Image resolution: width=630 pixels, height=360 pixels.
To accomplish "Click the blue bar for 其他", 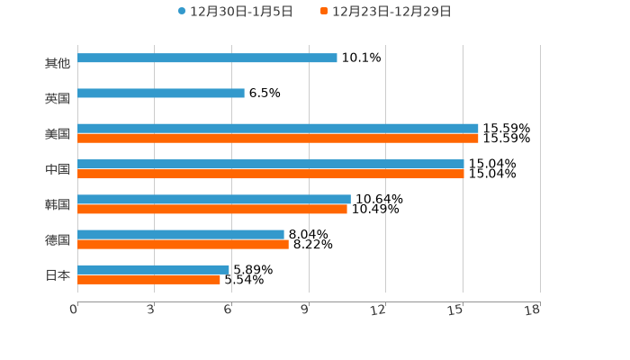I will coord(207,58).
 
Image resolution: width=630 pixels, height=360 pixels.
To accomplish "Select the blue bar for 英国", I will coord(161,93).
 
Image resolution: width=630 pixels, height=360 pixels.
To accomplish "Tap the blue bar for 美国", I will coord(277,129).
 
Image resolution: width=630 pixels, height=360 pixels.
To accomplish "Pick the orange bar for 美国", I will coord(277,139).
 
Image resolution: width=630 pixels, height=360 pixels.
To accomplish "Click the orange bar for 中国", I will coord(270,174).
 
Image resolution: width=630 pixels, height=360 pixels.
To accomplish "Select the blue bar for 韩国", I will coord(213,199).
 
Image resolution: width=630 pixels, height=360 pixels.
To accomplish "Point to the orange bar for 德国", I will coord(183,244).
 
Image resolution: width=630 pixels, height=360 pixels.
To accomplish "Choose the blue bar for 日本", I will coord(153,269).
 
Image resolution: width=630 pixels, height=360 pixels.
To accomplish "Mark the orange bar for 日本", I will coord(148,279).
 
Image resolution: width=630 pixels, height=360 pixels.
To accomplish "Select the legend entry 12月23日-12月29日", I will coord(391,12).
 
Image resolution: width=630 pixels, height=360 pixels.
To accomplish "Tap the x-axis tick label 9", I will coord(305,310).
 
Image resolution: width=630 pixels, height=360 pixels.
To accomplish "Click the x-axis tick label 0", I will coord(74,310).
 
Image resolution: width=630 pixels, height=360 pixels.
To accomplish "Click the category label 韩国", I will coord(58,204).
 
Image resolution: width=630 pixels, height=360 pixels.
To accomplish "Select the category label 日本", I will coord(58,274).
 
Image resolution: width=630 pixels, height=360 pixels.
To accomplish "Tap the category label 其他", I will coord(58,63).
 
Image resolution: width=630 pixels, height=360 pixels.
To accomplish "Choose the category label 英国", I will coord(58,98).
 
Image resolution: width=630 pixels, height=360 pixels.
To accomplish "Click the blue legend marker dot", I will coord(182,12).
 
